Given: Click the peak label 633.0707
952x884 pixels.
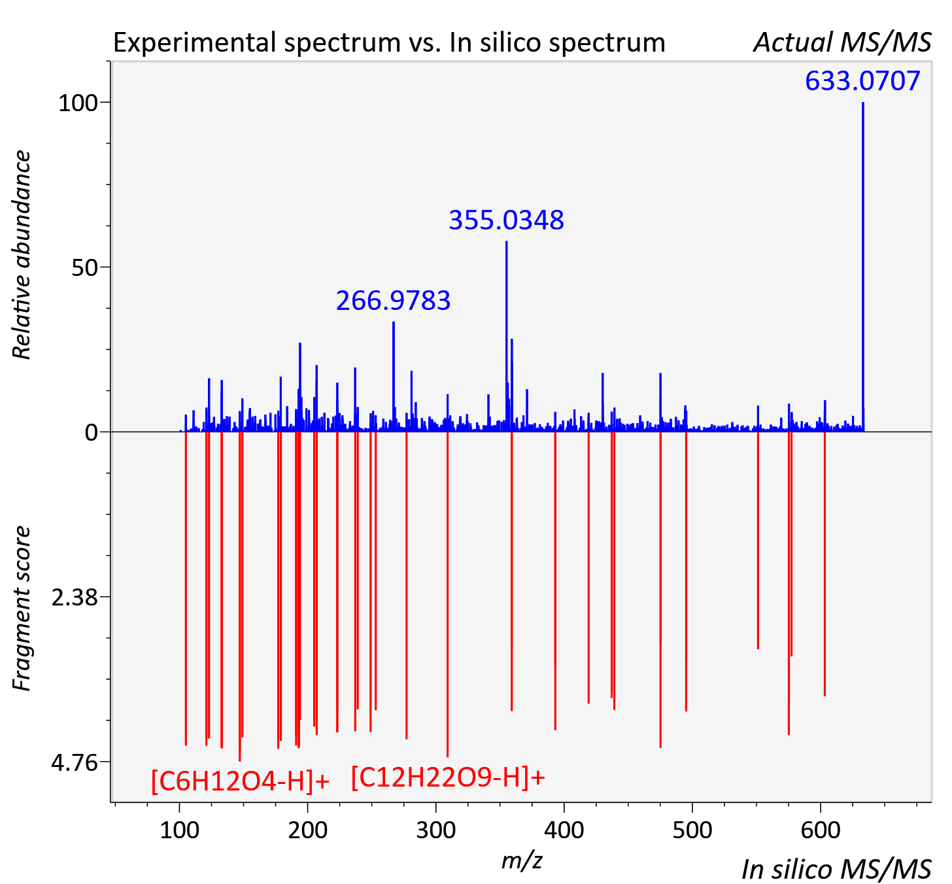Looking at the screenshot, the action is (862, 81).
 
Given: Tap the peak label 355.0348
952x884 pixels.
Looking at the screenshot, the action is (506, 220).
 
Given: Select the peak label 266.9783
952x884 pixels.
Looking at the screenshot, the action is (393, 301).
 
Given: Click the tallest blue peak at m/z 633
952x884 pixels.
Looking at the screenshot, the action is (863, 267).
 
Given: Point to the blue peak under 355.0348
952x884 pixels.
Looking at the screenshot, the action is (506, 337).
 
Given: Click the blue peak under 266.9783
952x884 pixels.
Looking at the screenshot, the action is (394, 377).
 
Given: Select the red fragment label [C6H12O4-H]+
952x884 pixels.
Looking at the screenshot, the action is (240, 782).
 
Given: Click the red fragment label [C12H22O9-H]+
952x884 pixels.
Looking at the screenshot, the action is (448, 777).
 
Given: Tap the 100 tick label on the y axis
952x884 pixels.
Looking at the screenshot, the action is (77, 103).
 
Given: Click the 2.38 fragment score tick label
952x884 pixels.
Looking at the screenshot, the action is (75, 598).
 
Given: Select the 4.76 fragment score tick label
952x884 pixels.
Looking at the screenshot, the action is (75, 763).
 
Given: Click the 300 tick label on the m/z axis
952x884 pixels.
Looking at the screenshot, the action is (435, 831).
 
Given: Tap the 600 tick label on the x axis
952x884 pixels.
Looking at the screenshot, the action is (821, 831).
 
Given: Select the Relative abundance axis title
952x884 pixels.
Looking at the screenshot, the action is (22, 255).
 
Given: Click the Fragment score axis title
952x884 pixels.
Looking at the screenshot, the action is (22, 609).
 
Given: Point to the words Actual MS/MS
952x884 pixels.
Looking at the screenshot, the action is (843, 42).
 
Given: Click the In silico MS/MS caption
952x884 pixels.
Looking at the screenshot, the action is (836, 870).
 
